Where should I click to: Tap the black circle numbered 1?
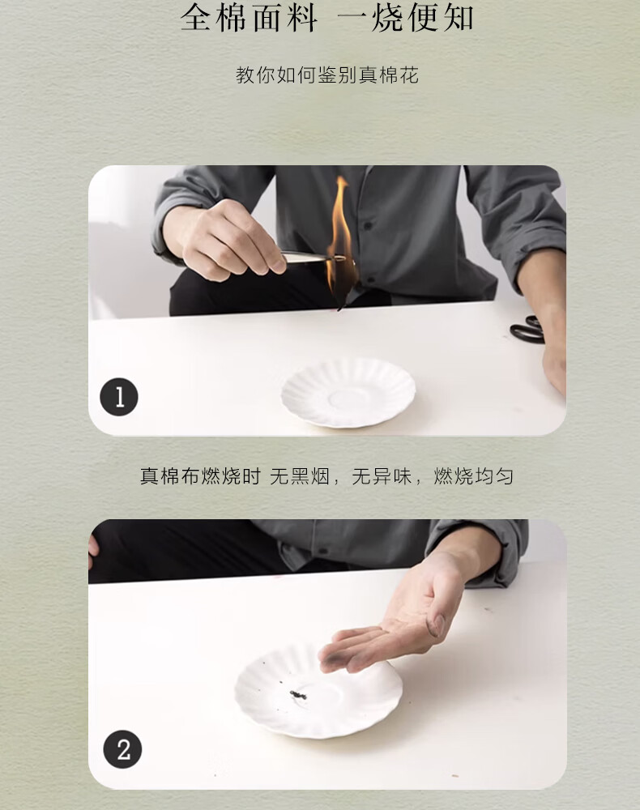point(119,397)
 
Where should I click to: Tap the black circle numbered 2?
point(122,749)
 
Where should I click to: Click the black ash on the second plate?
point(298,695)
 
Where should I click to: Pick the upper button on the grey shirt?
point(367,226)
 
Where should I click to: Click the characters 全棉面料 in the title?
point(249,19)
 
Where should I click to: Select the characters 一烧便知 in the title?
point(406,19)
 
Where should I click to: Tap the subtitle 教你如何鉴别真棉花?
point(327,75)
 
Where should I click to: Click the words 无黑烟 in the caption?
point(300,476)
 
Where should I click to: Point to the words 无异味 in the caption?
point(382,476)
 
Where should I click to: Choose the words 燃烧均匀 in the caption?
point(473,476)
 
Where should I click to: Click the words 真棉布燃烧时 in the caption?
point(200,476)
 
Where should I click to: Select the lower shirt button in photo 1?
point(370,280)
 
